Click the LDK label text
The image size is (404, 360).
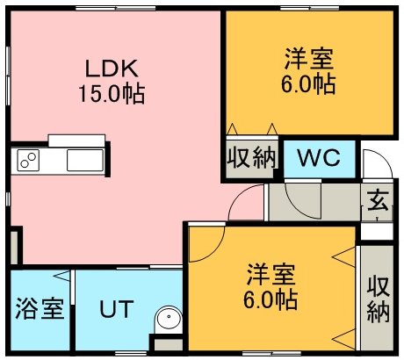112,68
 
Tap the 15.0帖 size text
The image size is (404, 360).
112,94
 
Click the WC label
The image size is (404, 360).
319,157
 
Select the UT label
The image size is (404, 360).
117,309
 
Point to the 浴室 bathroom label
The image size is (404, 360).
40,308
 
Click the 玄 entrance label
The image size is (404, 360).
378,200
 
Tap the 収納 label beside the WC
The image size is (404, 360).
252,157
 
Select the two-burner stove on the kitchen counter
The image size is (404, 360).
28,160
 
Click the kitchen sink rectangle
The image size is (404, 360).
85,160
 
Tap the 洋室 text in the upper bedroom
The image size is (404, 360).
309,60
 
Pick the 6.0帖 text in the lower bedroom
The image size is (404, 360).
271,299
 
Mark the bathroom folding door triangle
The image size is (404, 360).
61,276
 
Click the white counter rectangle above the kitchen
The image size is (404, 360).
76,140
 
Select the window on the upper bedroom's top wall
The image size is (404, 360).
309,9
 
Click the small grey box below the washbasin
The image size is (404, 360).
169,344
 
